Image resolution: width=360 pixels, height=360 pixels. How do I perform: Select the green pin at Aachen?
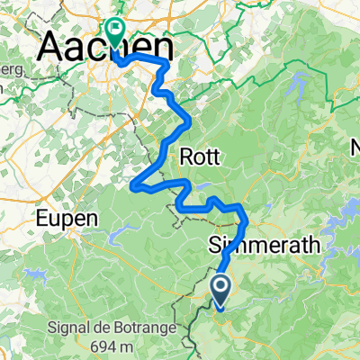pos(115,30)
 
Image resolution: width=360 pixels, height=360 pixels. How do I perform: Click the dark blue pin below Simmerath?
pos(221,289)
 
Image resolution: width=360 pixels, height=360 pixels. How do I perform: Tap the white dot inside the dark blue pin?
pos(221,287)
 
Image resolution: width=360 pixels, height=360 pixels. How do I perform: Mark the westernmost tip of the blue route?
pos(133,186)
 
